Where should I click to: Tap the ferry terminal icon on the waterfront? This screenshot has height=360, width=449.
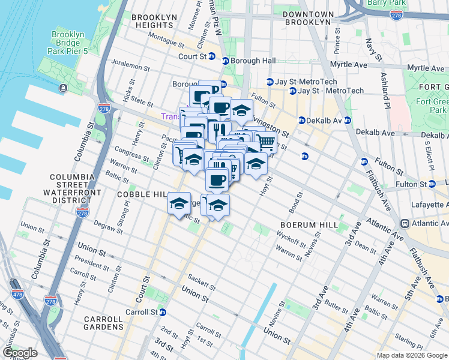63,88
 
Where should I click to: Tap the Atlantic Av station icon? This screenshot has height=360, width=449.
405,223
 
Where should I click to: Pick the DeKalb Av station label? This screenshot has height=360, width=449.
324,120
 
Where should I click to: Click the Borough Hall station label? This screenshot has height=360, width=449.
254,61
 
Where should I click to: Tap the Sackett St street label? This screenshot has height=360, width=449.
202,283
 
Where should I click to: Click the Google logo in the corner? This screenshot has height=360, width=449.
19,353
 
